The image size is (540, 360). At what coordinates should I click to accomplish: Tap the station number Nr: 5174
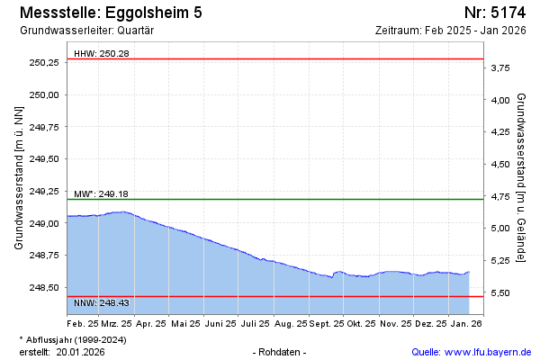[x=494, y=13]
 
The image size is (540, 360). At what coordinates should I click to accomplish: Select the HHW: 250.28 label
[x=102, y=53]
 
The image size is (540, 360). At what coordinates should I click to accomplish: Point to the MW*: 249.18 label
[x=103, y=193]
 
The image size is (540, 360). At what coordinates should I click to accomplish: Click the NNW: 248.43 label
[x=102, y=302]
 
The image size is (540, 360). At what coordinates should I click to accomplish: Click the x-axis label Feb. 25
[x=83, y=322]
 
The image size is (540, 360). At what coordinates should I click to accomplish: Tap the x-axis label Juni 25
[x=220, y=322]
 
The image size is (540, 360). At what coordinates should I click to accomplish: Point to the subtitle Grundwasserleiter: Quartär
[x=86, y=30]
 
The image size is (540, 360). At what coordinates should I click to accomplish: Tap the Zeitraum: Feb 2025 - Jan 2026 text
[x=450, y=30]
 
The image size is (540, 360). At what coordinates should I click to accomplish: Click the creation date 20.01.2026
[x=82, y=351]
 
